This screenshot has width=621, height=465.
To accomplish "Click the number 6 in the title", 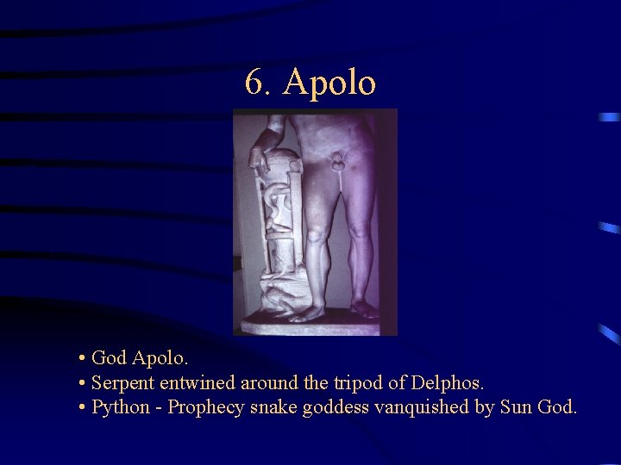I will click(254, 84).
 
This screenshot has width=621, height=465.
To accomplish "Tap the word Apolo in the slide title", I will click(329, 84).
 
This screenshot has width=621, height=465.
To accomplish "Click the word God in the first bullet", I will click(109, 357).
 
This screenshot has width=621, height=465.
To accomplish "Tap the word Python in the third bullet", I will click(120, 407).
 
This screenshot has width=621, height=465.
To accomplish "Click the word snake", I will click(273, 407).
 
